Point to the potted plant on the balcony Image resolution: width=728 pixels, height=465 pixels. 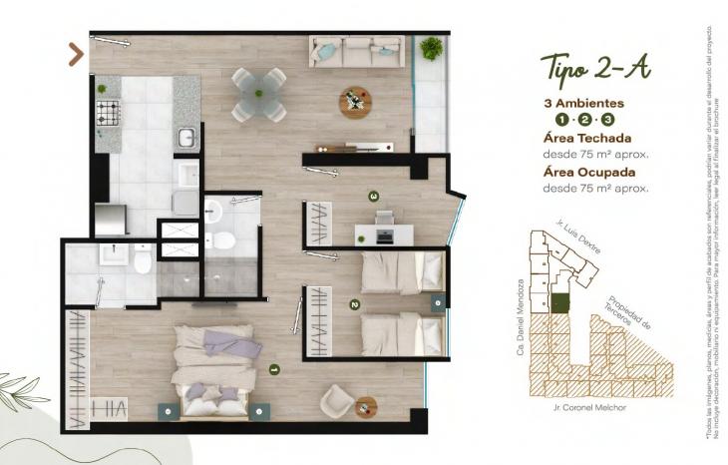coord(432,48)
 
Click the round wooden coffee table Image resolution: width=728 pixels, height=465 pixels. coord(355,101)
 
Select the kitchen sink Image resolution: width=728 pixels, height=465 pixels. coord(186,137)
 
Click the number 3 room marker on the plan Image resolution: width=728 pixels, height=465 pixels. coord(373,197)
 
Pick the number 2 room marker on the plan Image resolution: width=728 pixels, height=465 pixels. coord(354,304)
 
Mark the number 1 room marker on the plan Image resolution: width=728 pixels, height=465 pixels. coord(274,369)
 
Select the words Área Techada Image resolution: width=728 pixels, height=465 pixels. coord(587,139)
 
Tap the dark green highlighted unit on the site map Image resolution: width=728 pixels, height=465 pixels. coord(560,303)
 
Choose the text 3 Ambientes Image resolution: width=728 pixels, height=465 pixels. coord(584,103)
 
